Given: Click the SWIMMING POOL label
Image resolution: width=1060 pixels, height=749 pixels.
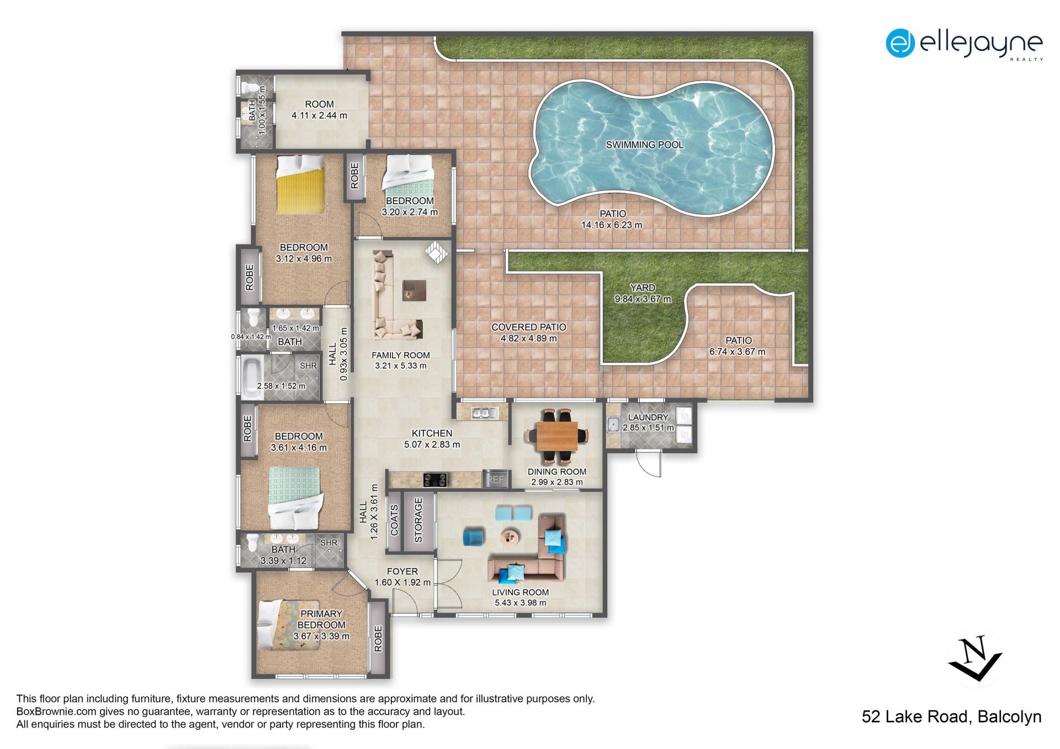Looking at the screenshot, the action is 644,145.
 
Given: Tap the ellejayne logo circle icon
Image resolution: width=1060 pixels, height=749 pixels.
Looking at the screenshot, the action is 900,43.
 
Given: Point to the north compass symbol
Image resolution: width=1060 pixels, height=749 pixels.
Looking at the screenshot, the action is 976,658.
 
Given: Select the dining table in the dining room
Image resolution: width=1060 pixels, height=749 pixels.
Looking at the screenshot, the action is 558,436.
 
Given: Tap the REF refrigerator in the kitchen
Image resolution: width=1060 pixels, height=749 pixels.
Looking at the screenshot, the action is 495,479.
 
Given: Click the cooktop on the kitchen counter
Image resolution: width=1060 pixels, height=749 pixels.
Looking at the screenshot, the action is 434,480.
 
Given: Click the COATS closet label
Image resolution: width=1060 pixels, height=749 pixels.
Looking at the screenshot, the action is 394,520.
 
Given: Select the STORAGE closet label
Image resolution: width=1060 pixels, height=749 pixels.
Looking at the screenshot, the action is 418,520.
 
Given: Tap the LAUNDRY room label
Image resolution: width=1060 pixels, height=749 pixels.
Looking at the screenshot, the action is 648,417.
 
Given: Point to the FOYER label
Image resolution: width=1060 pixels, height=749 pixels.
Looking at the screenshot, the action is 402,571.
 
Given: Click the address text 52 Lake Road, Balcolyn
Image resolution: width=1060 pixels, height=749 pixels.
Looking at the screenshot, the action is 952,716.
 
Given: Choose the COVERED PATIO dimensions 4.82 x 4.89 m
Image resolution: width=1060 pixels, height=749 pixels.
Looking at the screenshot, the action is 529,338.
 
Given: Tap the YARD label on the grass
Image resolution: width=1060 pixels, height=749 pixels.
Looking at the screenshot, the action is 643,288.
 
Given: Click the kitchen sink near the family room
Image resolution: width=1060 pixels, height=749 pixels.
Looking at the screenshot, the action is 485,412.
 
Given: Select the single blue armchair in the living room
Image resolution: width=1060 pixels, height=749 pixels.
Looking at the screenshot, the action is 474,537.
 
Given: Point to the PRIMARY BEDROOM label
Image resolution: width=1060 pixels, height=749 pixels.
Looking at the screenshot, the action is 321,619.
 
